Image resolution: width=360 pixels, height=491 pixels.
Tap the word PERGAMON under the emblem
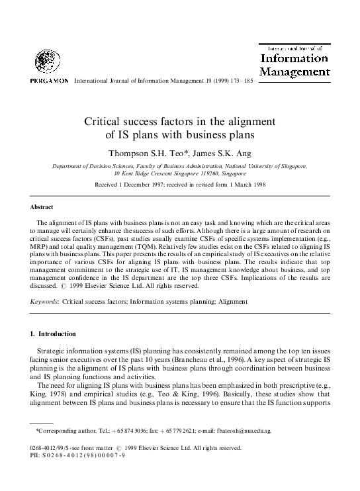(x=48, y=81)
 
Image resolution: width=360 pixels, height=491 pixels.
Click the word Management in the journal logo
(x=294, y=71)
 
